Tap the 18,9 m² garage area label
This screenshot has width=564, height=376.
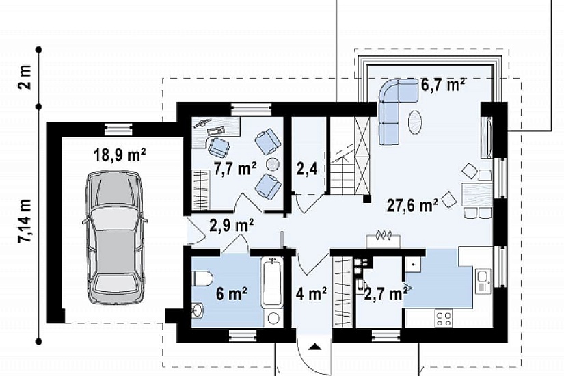[120, 155]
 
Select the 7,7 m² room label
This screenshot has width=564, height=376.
[235, 169]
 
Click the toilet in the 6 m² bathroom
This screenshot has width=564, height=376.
[202, 279]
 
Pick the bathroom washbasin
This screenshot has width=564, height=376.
[198, 311]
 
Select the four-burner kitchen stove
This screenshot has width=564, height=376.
[444, 319]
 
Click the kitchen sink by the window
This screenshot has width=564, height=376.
[483, 280]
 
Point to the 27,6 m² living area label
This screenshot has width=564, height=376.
[412, 206]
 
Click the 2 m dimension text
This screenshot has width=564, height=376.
[26, 77]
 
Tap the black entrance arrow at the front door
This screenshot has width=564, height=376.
[315, 347]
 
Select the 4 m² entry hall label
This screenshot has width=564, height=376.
[311, 293]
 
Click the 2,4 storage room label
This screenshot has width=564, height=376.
[307, 168]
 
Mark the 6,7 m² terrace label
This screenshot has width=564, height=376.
[443, 85]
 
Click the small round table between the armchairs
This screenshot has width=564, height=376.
[272, 165]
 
